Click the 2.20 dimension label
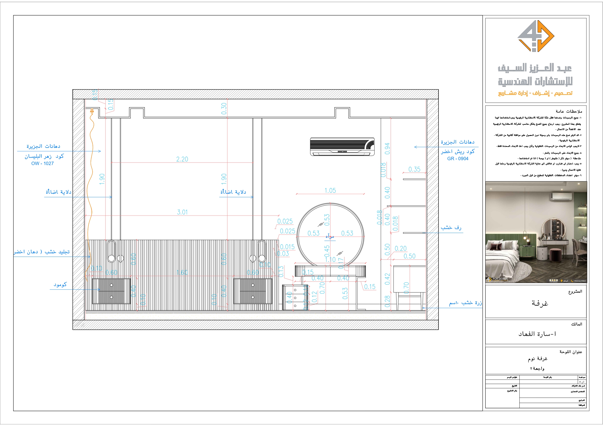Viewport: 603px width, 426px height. point(182,159)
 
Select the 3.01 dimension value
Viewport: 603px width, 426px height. point(182,212)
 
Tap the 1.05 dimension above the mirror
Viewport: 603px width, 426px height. point(330,191)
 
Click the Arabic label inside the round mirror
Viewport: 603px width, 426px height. point(330,236)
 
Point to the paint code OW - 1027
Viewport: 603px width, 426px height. point(43,164)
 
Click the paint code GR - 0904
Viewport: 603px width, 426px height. point(457,159)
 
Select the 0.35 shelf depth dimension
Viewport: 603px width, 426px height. point(414,169)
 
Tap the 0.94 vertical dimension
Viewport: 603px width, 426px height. point(387,149)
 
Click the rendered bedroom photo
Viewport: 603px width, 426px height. point(536,232)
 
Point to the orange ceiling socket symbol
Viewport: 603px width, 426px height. point(92,111)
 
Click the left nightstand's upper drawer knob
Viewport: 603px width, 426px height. point(111,285)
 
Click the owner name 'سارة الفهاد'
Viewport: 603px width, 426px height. point(537,334)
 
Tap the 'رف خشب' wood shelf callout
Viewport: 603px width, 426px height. point(451,228)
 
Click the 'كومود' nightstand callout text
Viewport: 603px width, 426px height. point(60,284)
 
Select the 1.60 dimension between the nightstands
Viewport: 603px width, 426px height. point(182,272)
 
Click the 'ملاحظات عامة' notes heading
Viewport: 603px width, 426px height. point(569,111)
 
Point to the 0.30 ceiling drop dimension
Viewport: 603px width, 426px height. point(224,109)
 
